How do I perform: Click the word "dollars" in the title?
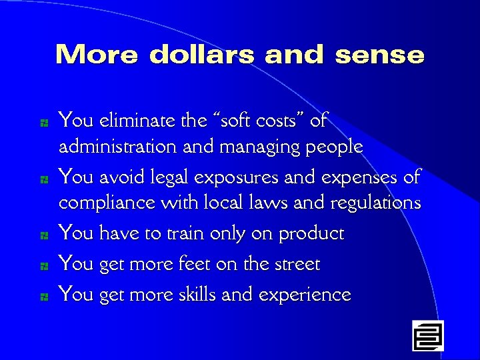tap(203, 55)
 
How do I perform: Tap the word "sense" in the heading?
tap(379, 55)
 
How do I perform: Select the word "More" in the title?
tap(97, 55)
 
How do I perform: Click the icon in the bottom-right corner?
tap(427, 335)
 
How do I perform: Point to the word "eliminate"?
tap(137, 121)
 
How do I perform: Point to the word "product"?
tap(311, 234)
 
